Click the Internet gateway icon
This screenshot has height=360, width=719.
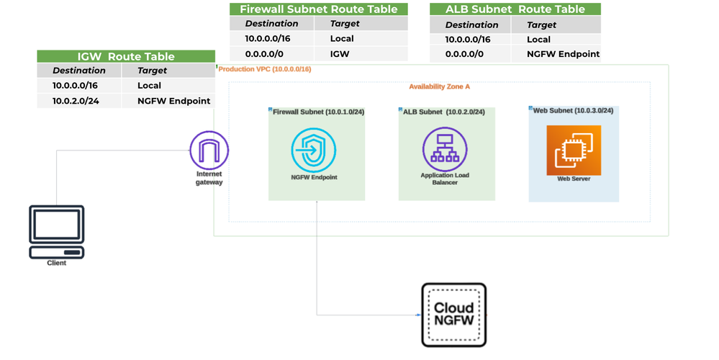pos(209,150)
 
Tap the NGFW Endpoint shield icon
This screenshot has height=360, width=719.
pos(314,150)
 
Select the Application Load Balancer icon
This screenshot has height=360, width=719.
pos(444,148)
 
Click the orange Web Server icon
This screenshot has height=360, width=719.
pos(574,150)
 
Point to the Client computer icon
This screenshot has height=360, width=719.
pos(56,232)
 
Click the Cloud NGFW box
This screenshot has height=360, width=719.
pos(453,315)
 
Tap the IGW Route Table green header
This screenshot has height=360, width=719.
pos(126,56)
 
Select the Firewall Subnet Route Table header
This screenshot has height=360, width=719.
pos(318,9)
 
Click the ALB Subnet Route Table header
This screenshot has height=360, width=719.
pos(515,9)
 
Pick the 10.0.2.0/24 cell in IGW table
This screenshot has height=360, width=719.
pos(76,101)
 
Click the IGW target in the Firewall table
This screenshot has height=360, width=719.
pos(340,53)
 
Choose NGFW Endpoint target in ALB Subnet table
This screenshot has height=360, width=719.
pos(563,54)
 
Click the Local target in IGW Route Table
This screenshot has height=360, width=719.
pos(149,85)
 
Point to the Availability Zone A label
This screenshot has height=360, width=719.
pos(439,86)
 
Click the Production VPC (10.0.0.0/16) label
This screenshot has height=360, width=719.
pos(265,69)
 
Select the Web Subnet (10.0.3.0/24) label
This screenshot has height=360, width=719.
pos(573,111)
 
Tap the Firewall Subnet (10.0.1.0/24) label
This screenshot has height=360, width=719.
pos(318,112)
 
